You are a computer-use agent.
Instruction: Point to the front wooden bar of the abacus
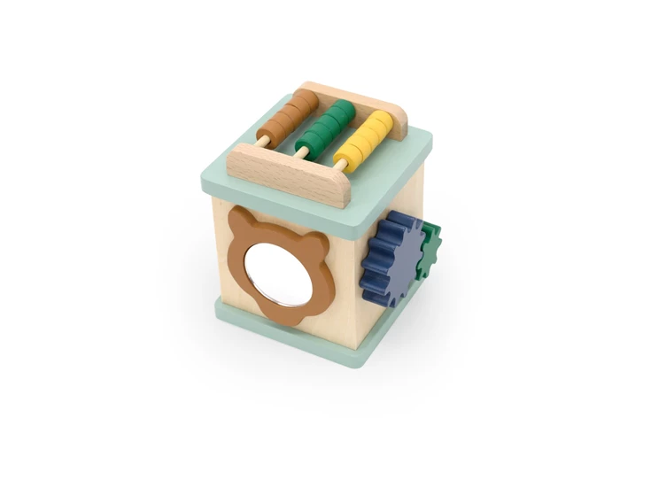click(289, 176)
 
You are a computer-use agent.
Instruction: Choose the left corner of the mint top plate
click(206, 178)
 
